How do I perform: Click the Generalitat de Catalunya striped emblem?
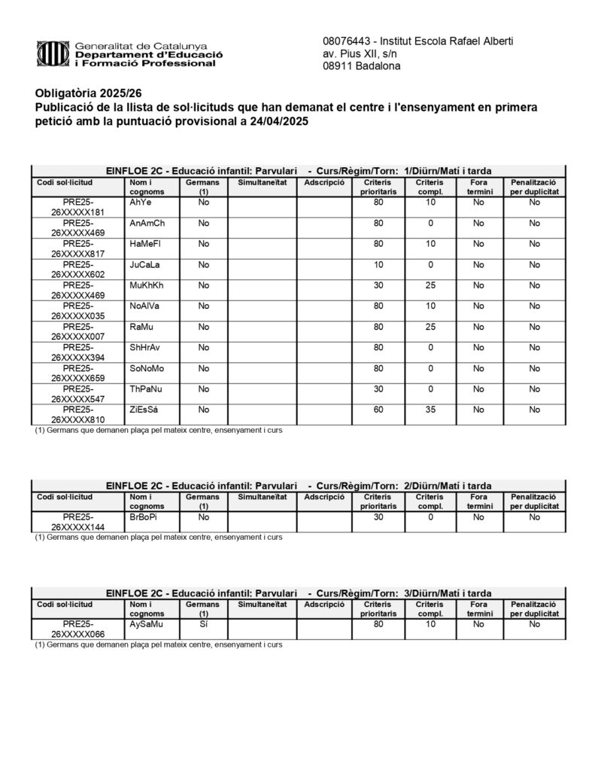click(53, 54)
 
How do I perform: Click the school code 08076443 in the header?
click(347, 41)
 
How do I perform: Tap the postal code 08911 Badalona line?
click(361, 66)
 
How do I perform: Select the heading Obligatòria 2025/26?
click(88, 93)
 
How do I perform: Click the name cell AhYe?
click(141, 203)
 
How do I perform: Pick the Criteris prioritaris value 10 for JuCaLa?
click(378, 265)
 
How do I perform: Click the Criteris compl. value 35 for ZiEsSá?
click(430, 410)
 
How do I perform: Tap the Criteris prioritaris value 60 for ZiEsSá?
click(378, 410)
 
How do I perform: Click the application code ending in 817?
click(77, 249)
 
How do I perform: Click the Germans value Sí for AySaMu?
click(203, 624)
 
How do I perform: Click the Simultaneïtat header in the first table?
click(262, 183)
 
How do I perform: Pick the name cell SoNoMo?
click(147, 368)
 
